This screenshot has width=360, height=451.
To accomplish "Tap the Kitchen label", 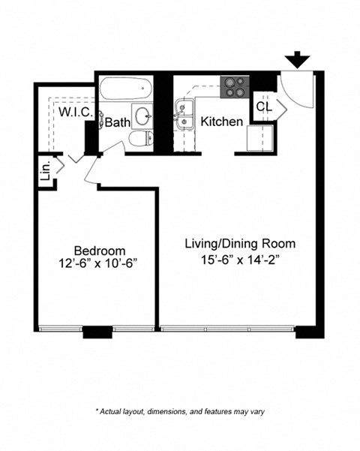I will tap(221, 122).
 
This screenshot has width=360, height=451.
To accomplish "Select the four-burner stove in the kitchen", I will tap(233, 87).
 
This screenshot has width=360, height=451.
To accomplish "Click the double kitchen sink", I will tap(184, 116).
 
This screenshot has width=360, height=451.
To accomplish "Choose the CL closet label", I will tap(264, 107).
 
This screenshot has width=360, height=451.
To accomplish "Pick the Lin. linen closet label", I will tap(44, 171).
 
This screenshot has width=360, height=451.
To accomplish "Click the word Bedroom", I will tap(99, 250).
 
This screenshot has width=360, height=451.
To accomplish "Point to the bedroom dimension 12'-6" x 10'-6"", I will tap(99, 264).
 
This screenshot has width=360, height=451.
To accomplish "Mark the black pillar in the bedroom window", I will tap(96, 332).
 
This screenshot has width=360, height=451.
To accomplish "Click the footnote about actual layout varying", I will tap(179, 412).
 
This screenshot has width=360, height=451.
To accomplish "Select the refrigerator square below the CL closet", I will tap(259, 140).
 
